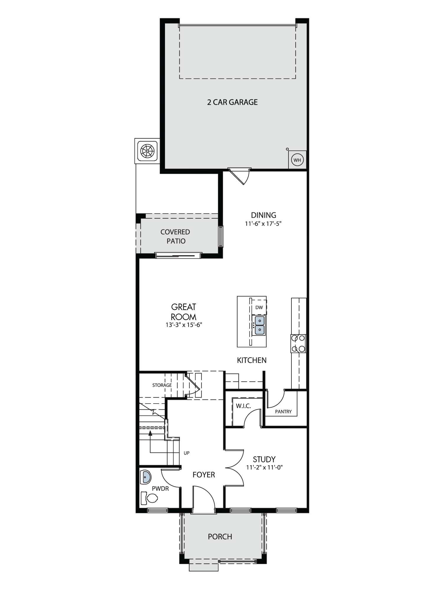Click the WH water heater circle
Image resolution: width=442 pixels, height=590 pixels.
[297, 160]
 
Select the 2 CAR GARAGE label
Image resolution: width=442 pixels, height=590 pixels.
[232, 102]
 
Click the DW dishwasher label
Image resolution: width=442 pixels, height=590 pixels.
[259, 307]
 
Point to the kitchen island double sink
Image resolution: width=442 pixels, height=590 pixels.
[260, 325]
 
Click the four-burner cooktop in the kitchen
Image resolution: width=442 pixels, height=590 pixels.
[298, 344]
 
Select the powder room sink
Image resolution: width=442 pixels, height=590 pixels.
[145, 477]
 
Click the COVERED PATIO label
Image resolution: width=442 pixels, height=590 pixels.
[175, 237]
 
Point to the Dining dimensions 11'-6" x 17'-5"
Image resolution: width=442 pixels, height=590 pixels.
[263, 224]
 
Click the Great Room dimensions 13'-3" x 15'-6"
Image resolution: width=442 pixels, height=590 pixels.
[184, 325]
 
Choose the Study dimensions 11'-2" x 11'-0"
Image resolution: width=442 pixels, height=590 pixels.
[264, 467]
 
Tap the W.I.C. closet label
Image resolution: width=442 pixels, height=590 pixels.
[243, 406]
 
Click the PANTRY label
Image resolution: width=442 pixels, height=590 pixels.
[283, 412]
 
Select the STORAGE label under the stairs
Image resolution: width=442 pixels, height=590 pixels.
[162, 385]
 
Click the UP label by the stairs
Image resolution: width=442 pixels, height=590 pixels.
[187, 453]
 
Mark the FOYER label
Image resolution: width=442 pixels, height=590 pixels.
[204, 475]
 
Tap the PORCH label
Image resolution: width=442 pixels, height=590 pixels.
[220, 537]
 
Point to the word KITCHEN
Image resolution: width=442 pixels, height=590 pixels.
[252, 360]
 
